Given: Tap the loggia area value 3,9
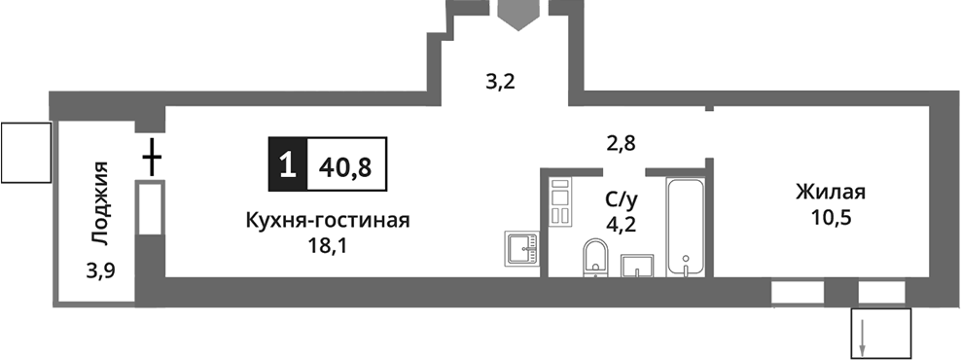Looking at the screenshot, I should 100,270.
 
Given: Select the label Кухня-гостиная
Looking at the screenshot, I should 327,220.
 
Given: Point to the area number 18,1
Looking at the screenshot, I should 326,246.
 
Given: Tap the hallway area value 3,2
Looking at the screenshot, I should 500,81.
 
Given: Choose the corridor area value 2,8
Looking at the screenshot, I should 621,144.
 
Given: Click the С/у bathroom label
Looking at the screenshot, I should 622,199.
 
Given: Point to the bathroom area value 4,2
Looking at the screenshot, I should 622,226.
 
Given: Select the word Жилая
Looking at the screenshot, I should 830,191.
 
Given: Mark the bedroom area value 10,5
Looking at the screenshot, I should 830,217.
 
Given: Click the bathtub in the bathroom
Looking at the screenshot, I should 688,227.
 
